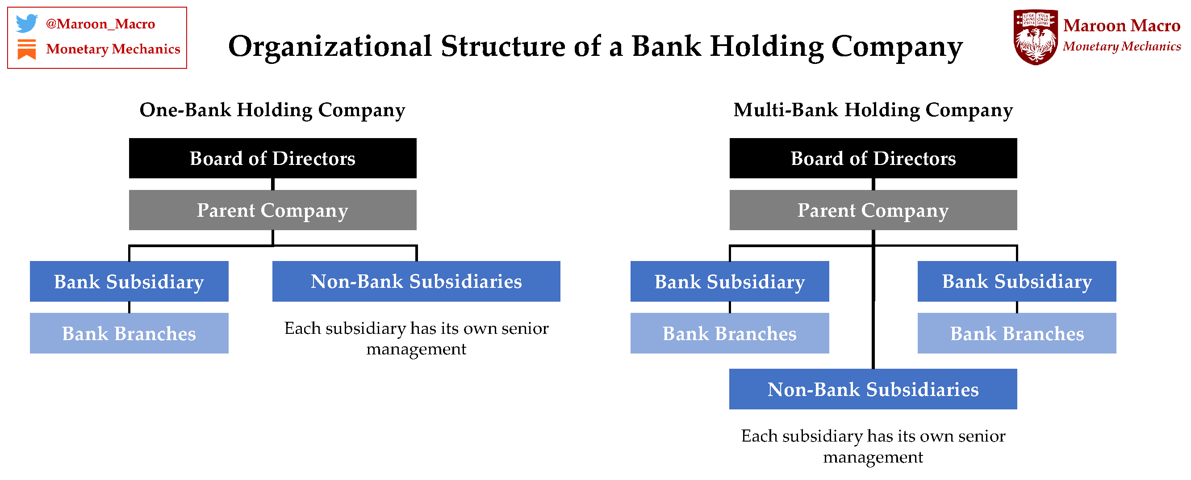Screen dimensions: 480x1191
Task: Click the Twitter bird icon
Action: tap(26, 23)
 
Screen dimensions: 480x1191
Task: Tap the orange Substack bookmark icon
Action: tap(26, 49)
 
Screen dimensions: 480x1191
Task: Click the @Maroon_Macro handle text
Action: tap(100, 24)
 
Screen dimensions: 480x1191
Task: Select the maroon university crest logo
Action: tap(1035, 37)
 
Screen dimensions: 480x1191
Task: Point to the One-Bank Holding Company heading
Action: tap(272, 110)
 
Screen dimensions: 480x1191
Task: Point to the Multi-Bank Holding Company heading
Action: tap(873, 110)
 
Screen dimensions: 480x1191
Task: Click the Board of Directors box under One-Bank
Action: tap(272, 158)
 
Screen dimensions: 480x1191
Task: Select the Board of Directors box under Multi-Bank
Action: tap(873, 158)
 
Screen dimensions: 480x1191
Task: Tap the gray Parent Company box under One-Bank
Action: tap(272, 210)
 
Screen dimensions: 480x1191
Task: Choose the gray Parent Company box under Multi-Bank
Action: tap(873, 210)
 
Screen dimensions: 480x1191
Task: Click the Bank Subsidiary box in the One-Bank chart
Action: tap(129, 282)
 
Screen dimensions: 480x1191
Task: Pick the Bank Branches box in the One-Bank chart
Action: tap(129, 333)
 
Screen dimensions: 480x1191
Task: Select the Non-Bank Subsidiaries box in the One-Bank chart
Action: tap(416, 282)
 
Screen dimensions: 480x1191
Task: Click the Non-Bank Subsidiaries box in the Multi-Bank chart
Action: tap(873, 389)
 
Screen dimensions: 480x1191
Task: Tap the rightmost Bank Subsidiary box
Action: tap(1017, 282)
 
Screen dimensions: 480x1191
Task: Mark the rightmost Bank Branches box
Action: tap(1017, 333)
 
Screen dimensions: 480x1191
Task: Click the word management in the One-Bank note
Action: tap(416, 349)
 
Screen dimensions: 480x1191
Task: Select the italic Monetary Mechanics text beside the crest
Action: tap(1121, 46)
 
